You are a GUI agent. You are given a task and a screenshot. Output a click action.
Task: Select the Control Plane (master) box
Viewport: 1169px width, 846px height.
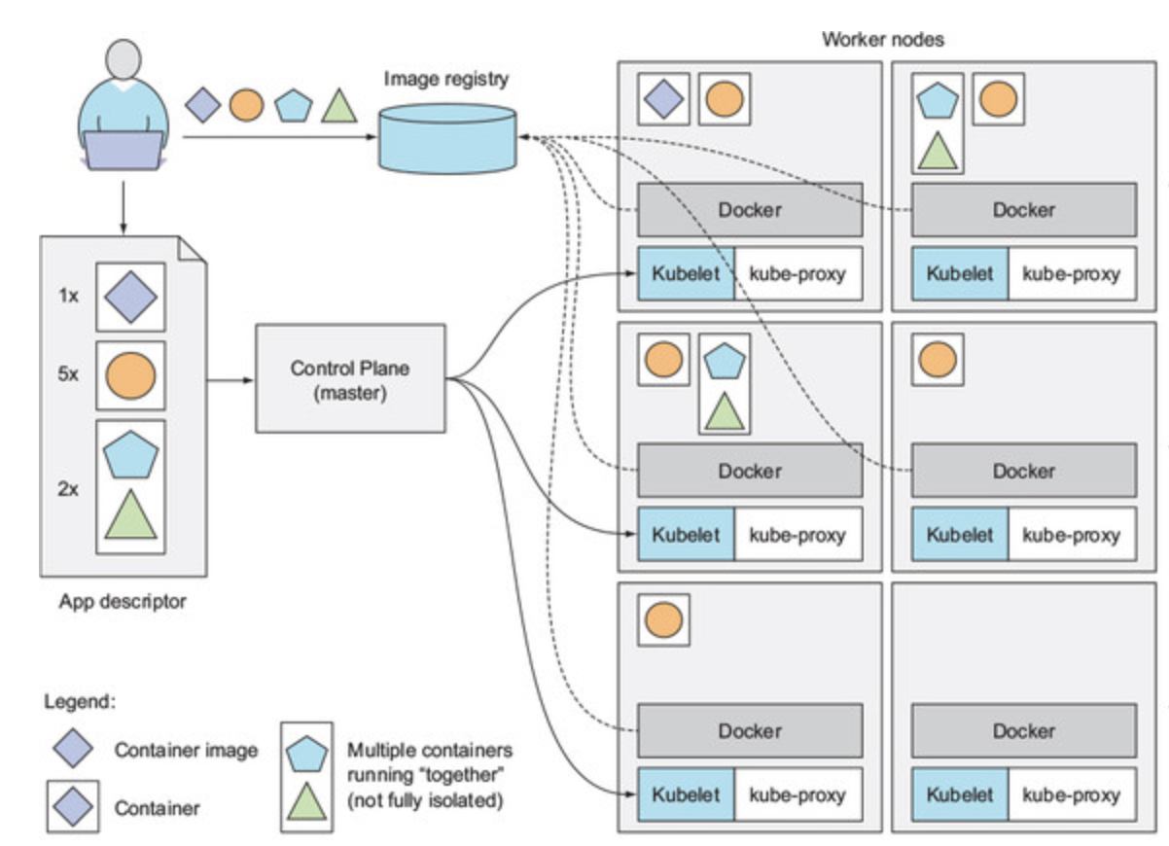coord(350,378)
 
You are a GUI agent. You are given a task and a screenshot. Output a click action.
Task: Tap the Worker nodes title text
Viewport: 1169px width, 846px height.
coord(882,40)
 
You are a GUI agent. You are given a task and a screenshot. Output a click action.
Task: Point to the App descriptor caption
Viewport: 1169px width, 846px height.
coord(122,602)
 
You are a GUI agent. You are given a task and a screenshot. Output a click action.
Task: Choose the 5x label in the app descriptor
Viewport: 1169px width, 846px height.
coord(67,373)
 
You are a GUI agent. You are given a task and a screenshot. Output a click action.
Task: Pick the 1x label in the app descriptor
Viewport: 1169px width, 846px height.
coord(67,296)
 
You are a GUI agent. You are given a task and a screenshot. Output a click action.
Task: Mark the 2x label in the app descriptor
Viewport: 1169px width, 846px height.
coord(67,489)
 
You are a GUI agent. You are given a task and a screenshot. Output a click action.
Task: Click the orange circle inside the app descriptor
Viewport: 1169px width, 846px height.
coord(130,374)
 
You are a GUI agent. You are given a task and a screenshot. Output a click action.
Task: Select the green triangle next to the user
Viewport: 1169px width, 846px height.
coord(337,106)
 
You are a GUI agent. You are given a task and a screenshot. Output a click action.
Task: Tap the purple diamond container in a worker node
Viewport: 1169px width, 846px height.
coord(663,98)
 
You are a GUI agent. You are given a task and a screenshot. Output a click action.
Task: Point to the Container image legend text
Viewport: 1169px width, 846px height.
coord(186,750)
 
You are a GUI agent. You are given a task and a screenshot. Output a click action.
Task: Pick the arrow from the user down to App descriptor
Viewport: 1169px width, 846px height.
coord(124,206)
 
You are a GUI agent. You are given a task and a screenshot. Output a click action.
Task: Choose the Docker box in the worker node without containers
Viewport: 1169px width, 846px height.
coord(1023,731)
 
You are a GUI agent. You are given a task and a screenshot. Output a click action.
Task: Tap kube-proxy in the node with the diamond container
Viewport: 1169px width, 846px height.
coord(797,273)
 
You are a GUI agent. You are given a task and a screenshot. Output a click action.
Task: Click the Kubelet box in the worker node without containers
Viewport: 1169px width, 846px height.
coord(960,794)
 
